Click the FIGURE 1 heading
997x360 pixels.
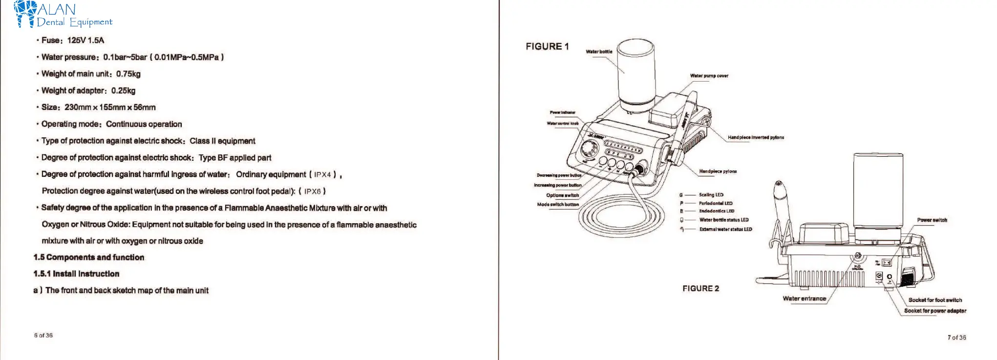(547, 46)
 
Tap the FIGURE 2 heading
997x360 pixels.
(700, 289)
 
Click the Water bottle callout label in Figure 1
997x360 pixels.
(599, 52)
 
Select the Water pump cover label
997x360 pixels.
(709, 76)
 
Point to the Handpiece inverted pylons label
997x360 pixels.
(756, 138)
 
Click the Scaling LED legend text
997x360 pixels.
(711, 195)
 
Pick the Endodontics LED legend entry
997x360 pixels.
(716, 211)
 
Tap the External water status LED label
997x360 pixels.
(725, 229)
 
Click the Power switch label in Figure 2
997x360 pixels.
(932, 220)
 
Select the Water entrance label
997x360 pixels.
(804, 298)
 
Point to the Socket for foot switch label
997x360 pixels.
(935, 300)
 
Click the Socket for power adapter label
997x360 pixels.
(935, 311)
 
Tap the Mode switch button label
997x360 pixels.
(558, 205)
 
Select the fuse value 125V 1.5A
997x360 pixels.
(85, 41)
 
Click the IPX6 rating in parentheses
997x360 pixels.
(312, 191)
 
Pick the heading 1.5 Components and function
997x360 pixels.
(89, 257)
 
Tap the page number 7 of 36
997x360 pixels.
(956, 338)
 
